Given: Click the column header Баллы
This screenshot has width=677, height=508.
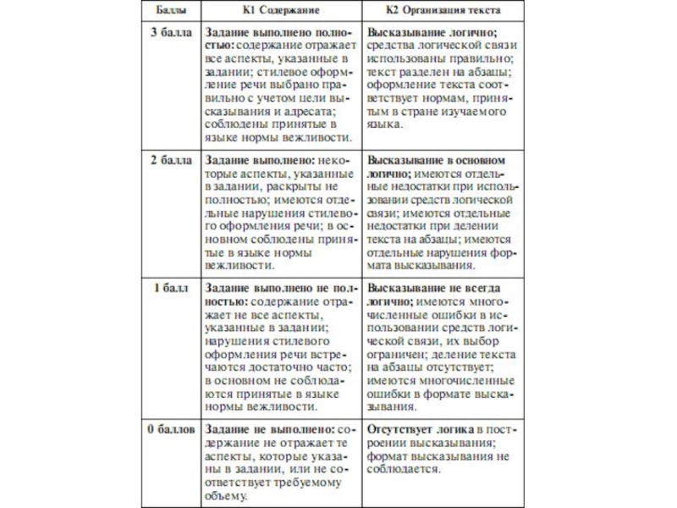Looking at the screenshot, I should [x=172, y=11].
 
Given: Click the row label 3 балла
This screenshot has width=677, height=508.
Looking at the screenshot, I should [x=172, y=32].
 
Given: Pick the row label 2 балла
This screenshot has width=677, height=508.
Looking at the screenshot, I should [x=172, y=159].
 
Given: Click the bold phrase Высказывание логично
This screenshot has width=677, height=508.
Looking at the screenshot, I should [x=421, y=32].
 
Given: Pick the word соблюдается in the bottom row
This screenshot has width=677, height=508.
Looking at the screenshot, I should [x=404, y=469].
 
